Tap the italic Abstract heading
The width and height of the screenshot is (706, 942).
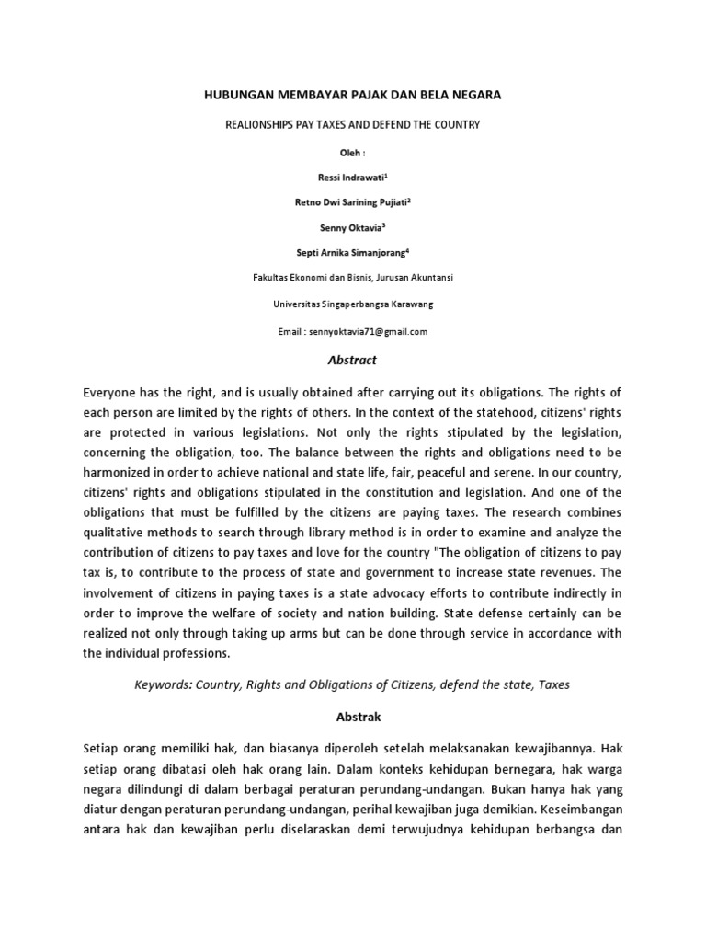353,360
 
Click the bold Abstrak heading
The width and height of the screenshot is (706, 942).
353,715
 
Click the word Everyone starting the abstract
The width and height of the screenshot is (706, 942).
115,391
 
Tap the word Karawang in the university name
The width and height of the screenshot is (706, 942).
405,304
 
